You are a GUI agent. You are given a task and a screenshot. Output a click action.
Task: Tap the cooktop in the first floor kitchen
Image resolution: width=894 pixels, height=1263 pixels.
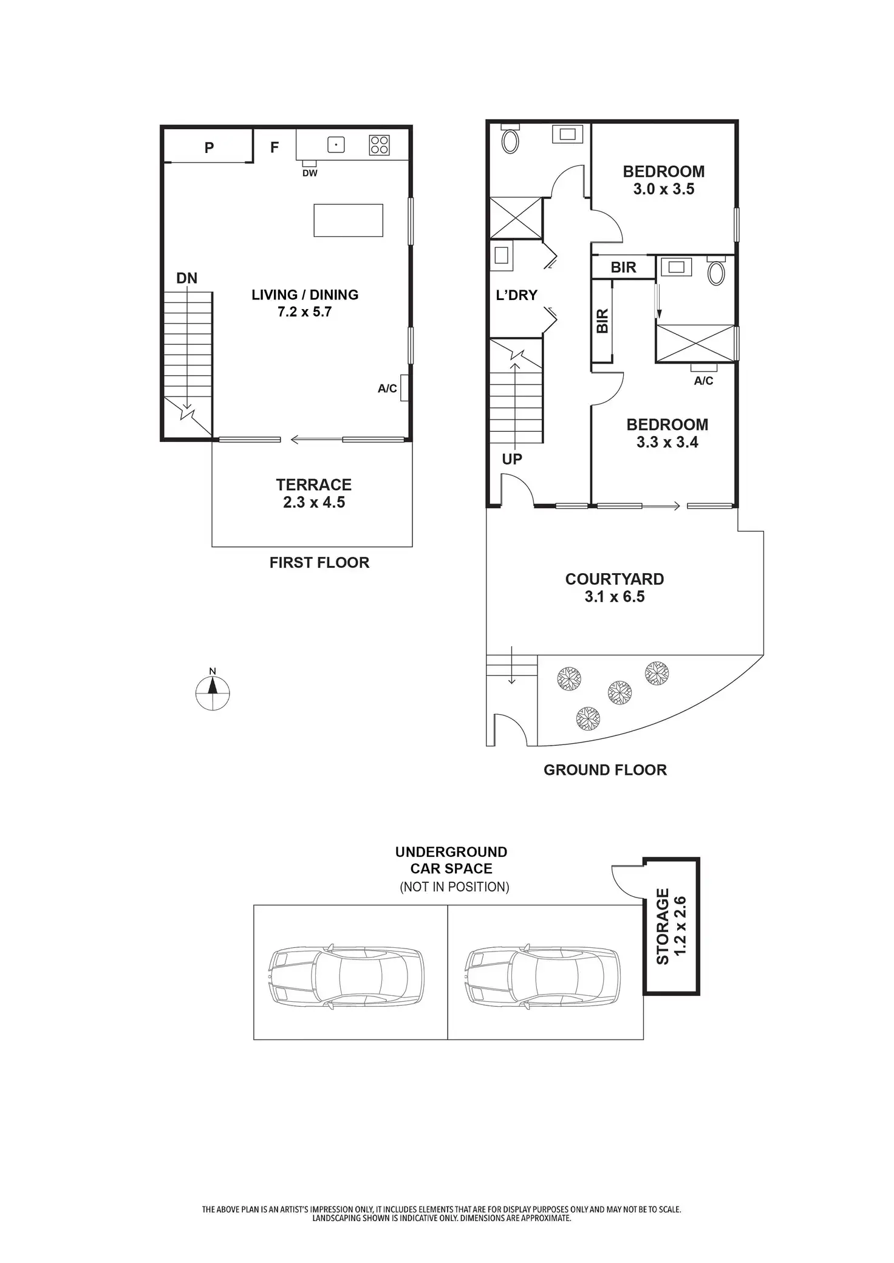(380, 145)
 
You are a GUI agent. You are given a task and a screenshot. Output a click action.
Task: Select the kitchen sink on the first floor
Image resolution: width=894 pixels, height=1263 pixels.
(336, 145)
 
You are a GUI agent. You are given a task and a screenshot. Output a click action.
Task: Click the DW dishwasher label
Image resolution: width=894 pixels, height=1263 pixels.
(310, 173)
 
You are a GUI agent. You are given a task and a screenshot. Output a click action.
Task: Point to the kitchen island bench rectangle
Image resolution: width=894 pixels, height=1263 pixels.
(348, 220)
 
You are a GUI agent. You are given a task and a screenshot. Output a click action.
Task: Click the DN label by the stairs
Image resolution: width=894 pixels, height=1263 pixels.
(186, 278)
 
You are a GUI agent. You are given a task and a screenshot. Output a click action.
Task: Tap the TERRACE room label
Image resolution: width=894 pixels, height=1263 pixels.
(313, 485)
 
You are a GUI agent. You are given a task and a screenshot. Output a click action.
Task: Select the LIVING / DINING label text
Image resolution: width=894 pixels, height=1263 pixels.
(305, 294)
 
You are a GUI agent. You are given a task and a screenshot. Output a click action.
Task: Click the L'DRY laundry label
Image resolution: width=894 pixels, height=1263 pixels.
(516, 295)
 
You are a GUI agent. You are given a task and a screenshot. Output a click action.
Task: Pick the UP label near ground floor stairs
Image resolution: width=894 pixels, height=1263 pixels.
(512, 459)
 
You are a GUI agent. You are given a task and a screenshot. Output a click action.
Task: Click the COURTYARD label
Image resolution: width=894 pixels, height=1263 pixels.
(614, 579)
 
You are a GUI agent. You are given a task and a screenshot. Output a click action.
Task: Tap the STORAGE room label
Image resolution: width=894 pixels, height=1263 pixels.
(663, 927)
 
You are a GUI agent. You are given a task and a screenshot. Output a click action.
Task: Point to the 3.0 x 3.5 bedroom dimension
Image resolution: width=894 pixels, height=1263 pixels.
(663, 189)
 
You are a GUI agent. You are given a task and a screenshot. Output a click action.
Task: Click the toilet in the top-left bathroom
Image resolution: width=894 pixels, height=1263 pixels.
(510, 141)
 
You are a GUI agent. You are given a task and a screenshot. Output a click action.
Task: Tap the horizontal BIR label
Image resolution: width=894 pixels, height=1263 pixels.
(623, 267)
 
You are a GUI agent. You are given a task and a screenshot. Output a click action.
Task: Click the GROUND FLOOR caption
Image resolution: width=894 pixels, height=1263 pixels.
(605, 770)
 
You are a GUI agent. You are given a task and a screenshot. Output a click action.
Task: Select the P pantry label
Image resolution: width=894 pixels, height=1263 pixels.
(209, 147)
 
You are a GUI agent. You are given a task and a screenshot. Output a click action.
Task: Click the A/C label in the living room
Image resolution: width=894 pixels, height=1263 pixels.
(387, 389)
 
